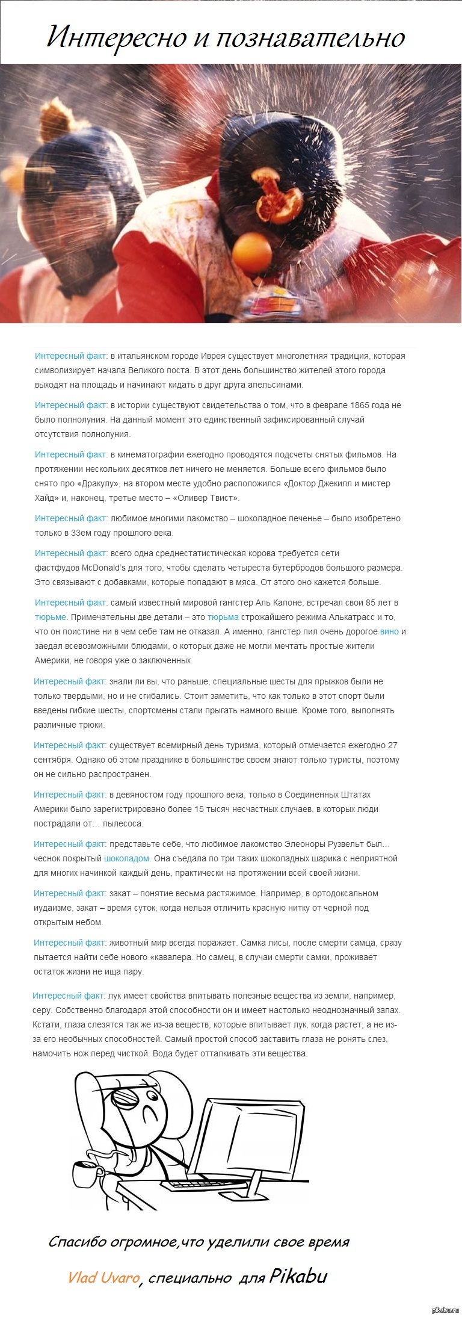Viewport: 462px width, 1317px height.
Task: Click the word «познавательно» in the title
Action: [x=310, y=37]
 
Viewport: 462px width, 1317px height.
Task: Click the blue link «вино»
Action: [x=389, y=631]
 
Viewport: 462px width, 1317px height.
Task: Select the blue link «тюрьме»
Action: [x=51, y=617]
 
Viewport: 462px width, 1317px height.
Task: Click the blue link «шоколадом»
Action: [x=127, y=858]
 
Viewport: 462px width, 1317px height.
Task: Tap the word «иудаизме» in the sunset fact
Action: [x=54, y=908]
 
